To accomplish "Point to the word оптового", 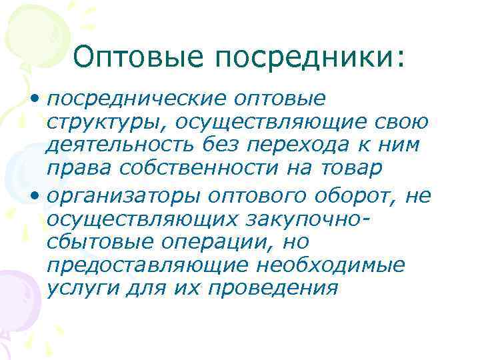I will tap(241, 196).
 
